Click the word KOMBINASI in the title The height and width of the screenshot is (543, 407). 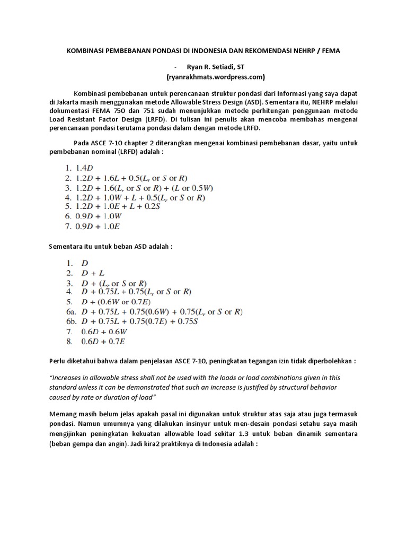pos(85,51)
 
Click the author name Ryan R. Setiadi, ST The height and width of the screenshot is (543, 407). pos(215,66)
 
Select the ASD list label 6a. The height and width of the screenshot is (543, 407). pos(70,312)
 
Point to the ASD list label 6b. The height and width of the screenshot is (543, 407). pos(70,321)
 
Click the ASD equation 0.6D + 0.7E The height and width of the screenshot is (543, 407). pos(103,341)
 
